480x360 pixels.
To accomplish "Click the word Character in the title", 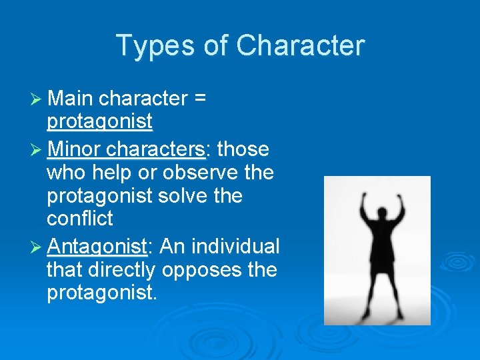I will [300, 46].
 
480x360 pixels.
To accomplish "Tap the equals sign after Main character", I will [199, 99].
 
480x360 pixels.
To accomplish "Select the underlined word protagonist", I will [100, 121].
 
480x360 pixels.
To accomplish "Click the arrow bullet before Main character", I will [37, 99].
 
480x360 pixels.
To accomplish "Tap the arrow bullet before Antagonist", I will [37, 247].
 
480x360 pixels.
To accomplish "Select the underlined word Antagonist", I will [97, 247].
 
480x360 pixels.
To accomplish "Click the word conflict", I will [80, 218].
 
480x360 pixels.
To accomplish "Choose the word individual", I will [235, 247].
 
